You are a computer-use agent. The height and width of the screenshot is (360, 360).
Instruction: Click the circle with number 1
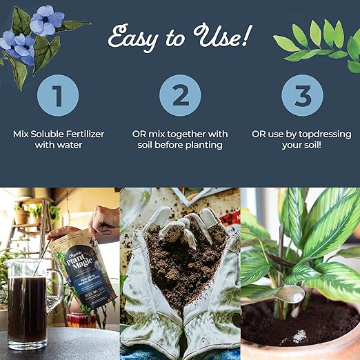click(x=59, y=94)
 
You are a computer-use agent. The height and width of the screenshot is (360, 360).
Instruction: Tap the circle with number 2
click(x=180, y=94)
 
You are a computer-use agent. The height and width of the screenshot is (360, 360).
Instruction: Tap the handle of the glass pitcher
click(x=55, y=290)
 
